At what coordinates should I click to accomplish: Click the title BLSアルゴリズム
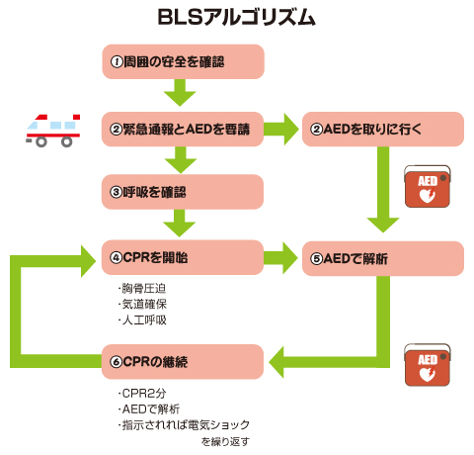(x=237, y=18)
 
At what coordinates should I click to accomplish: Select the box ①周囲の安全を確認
(x=183, y=61)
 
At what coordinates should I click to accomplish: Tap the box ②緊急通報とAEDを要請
(x=183, y=129)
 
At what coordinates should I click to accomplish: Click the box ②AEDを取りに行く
(x=383, y=129)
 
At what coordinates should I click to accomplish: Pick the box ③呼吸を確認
(x=183, y=191)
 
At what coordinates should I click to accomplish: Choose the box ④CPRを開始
(x=183, y=257)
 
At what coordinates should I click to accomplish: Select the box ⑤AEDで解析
(x=383, y=257)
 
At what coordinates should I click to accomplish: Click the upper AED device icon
(x=427, y=188)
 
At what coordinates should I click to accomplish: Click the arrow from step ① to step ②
(x=183, y=94)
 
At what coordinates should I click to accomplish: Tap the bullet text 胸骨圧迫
(x=142, y=289)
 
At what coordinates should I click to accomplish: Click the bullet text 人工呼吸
(x=142, y=320)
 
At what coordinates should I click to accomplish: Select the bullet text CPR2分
(x=140, y=394)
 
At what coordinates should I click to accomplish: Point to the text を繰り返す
(x=225, y=441)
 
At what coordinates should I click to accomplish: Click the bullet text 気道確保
(x=142, y=305)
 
